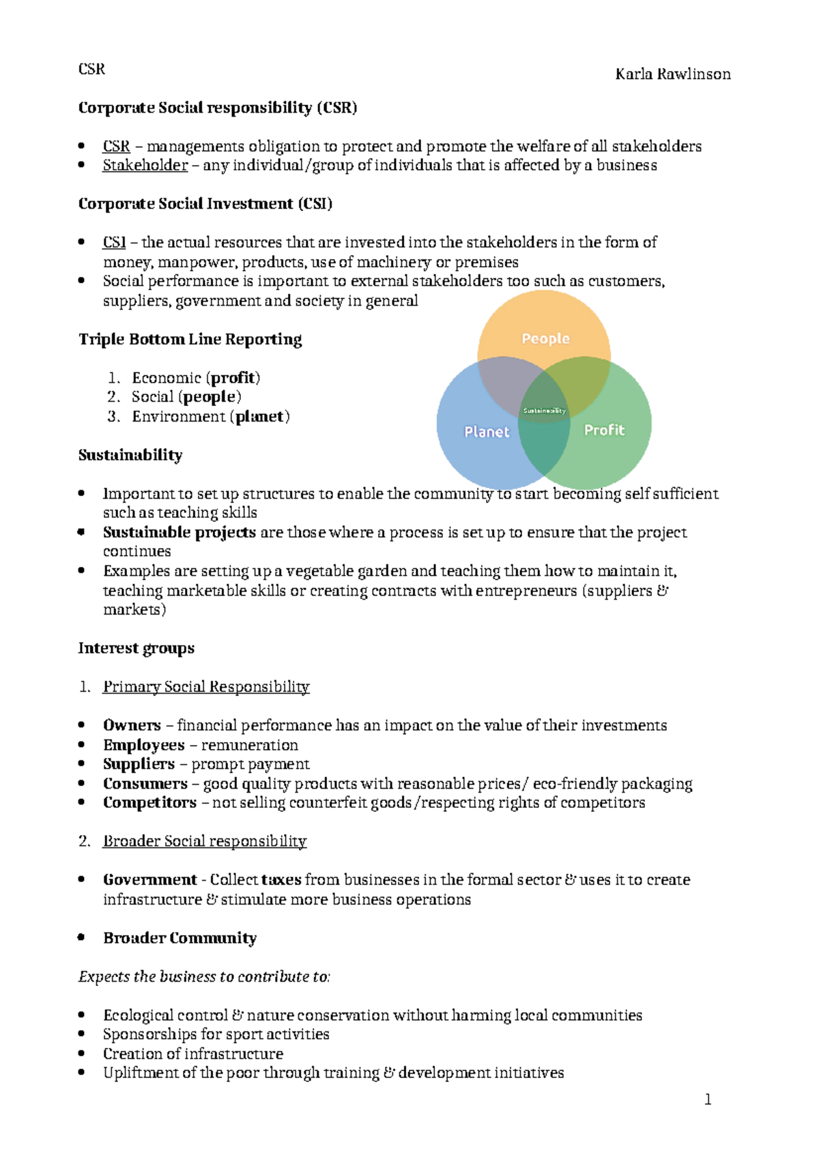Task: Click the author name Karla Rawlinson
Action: point(672,74)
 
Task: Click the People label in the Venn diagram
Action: point(545,338)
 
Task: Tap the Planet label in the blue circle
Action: point(487,432)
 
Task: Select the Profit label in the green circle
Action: point(604,430)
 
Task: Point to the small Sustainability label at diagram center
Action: point(544,411)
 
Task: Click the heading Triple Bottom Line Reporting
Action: point(190,340)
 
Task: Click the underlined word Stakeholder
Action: point(145,166)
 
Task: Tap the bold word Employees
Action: point(143,745)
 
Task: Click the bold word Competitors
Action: point(149,803)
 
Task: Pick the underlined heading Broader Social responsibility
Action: point(204,841)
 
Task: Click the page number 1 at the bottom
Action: point(708,1099)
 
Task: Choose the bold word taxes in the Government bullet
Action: point(281,880)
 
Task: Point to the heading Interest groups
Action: point(136,648)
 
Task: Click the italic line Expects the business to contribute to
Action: point(204,977)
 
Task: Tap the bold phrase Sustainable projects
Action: point(179,533)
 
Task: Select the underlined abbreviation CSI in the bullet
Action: point(114,243)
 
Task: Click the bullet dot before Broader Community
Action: point(81,937)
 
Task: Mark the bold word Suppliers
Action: point(139,764)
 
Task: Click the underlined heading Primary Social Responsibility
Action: point(205,687)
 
